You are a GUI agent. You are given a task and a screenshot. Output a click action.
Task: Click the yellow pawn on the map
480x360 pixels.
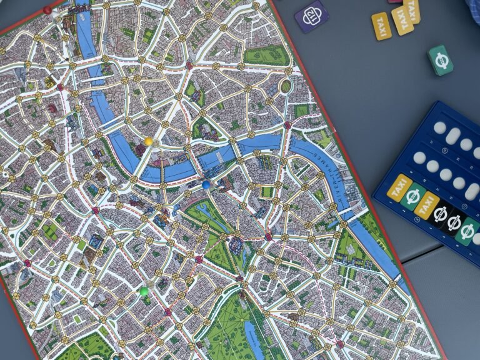(149, 142)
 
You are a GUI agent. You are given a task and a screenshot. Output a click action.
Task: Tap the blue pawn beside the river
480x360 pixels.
(206, 185)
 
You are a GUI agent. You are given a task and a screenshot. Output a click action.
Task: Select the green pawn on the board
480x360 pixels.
(144, 291)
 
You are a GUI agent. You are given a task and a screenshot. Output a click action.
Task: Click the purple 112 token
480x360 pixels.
(311, 16)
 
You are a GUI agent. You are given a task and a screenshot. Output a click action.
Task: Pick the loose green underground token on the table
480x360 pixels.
(441, 60)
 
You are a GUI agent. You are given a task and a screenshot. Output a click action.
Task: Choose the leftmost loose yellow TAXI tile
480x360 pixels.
(381, 26)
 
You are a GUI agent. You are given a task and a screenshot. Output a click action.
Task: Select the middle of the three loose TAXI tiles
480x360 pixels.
(402, 20)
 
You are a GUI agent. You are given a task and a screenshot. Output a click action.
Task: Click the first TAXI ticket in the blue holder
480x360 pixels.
(400, 188)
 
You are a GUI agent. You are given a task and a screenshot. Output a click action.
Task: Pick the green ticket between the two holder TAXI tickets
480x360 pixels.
(413, 196)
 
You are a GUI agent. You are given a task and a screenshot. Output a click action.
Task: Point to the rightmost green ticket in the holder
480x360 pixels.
(468, 231)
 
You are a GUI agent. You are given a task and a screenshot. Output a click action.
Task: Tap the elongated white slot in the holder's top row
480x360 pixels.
(454, 136)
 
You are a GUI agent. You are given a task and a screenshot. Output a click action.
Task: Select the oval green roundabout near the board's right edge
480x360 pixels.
(286, 86)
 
